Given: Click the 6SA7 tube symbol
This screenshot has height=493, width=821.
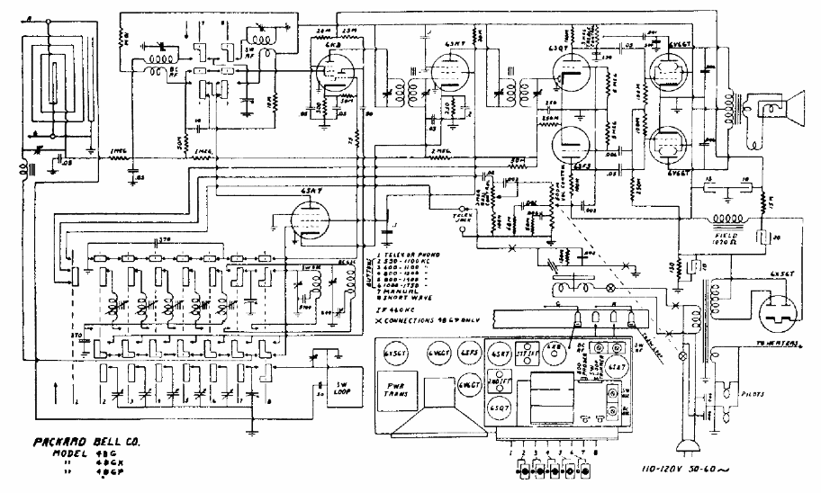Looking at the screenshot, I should tap(310, 220).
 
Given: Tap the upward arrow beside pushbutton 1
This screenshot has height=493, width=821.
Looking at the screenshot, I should tap(56, 390).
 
